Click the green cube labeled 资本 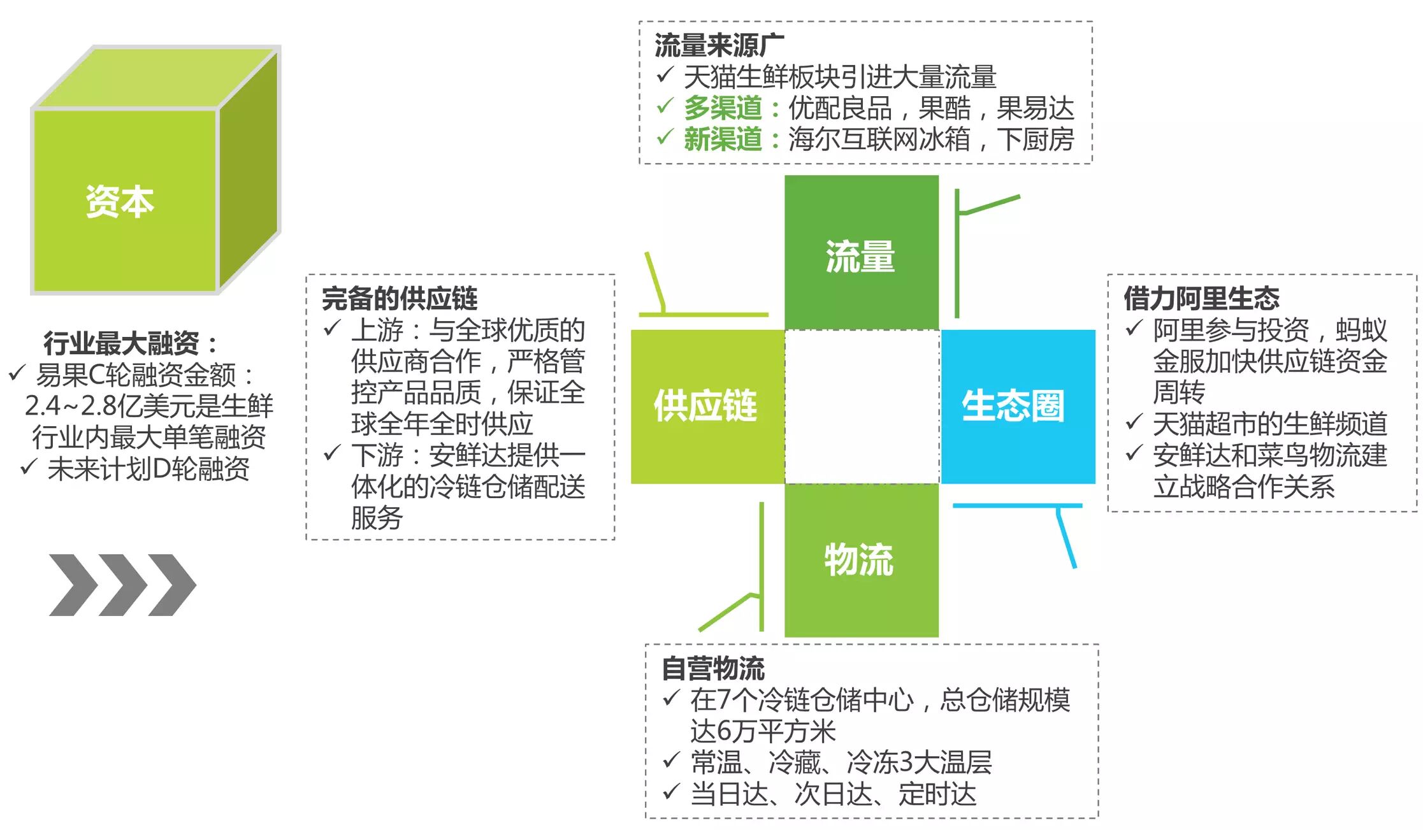click(x=125, y=201)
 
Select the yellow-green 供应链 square click(x=707, y=406)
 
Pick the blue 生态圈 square click(x=1017, y=406)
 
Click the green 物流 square click(x=861, y=560)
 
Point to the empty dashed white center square click(x=862, y=406)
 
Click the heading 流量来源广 click(x=719, y=45)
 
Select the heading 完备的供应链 click(x=400, y=298)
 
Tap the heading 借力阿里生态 click(x=1201, y=298)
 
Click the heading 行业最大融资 click(x=121, y=343)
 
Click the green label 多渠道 click(x=723, y=108)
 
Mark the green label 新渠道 click(x=723, y=139)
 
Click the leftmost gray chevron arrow click(x=73, y=585)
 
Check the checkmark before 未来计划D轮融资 click(x=29, y=468)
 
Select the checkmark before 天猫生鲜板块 click(x=664, y=75)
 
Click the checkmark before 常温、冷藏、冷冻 click(x=670, y=761)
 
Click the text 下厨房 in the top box click(x=1036, y=139)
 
